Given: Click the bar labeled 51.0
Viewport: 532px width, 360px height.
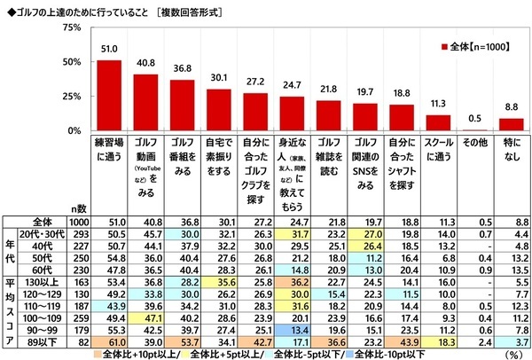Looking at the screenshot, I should pyautogui.click(x=109, y=95).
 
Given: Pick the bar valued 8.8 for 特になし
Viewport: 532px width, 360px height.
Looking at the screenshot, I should pyautogui.click(x=512, y=124).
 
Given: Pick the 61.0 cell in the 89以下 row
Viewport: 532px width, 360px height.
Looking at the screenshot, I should pyautogui.click(x=109, y=339).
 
